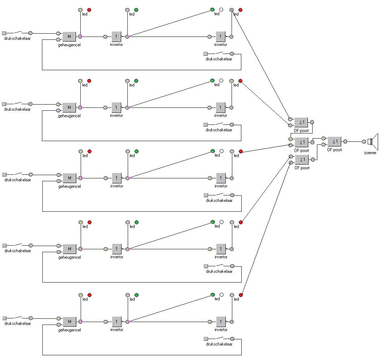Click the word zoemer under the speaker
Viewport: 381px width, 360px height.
point(370,153)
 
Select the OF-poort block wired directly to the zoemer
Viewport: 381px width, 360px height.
point(334,141)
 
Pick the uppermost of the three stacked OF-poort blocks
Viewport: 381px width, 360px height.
point(301,123)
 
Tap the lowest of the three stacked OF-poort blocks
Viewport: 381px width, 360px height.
point(302,160)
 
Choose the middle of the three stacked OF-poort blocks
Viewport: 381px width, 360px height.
point(301,142)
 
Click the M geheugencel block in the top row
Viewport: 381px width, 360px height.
point(69,37)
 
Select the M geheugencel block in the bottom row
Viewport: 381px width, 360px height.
point(69,322)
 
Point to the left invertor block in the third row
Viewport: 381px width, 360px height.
point(117,178)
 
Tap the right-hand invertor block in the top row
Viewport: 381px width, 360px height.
point(220,37)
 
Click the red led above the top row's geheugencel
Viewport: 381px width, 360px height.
point(89,10)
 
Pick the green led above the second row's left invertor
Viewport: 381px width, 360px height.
point(136,81)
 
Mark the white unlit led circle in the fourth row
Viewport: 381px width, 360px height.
point(221,222)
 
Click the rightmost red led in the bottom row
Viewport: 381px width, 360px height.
point(241,295)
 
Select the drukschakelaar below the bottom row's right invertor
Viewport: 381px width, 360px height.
point(219,339)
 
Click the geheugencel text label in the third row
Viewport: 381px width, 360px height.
point(69,187)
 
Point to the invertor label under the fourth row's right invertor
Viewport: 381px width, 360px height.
point(221,257)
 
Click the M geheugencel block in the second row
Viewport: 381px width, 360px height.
point(69,107)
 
